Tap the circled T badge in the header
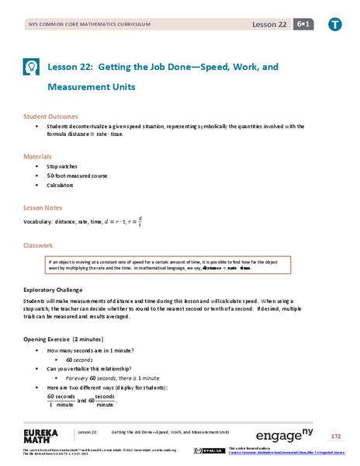click(x=334, y=24)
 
